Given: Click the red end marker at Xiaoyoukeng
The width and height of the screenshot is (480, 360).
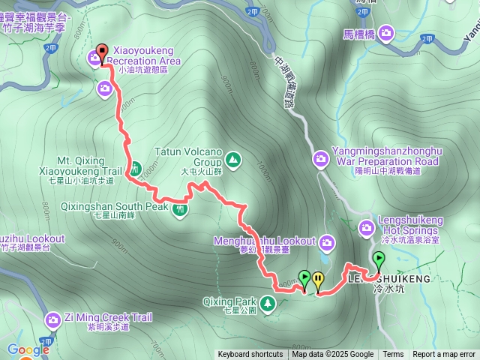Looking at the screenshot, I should click(x=103, y=52).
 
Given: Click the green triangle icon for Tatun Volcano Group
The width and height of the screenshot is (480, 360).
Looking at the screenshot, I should click(x=232, y=159).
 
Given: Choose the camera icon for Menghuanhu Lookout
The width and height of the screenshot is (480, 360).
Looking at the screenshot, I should click(x=326, y=241).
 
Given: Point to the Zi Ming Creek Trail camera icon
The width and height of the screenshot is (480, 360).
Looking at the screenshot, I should click(x=53, y=320).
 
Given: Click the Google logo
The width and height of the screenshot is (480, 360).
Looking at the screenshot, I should click(x=28, y=349).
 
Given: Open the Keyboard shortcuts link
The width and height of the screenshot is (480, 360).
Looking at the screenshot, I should click(x=250, y=355).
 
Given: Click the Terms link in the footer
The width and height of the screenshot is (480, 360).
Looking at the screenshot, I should click(x=393, y=355).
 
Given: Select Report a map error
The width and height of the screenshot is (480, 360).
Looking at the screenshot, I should click(x=443, y=355).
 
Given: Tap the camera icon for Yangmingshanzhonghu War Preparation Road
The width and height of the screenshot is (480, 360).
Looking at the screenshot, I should click(x=321, y=158).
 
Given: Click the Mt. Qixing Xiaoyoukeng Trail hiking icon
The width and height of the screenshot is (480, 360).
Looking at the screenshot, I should click(x=136, y=169).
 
